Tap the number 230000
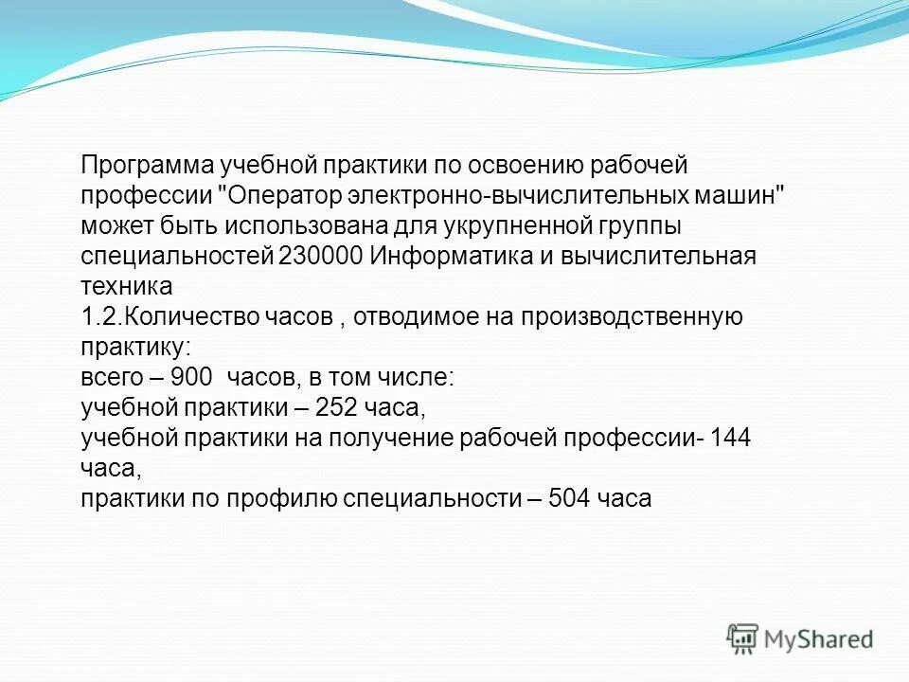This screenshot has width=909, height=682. point(322,258)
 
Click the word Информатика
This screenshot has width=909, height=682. point(441,258)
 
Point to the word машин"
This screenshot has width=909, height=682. point(741,197)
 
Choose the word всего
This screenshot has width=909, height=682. point(110,377)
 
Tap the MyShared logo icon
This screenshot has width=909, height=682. point(742,639)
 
